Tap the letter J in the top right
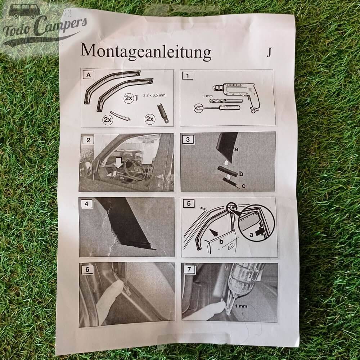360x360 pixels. (269, 53)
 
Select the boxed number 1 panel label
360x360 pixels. (186, 76)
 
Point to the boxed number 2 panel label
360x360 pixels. (87, 139)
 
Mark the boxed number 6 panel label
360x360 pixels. (86, 268)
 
